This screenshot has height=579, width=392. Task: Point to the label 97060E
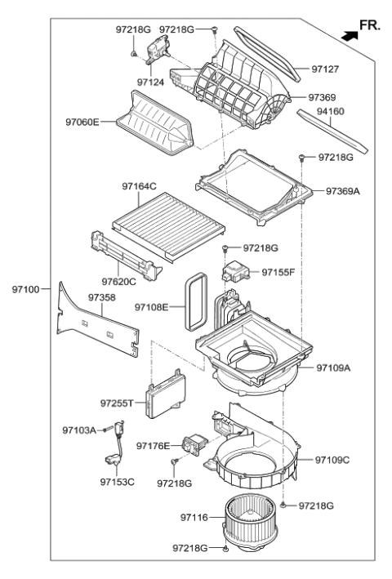click(82, 122)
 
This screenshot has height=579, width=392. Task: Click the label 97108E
click(152, 307)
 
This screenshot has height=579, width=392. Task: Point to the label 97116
click(194, 517)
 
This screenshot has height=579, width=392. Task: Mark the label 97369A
click(343, 191)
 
